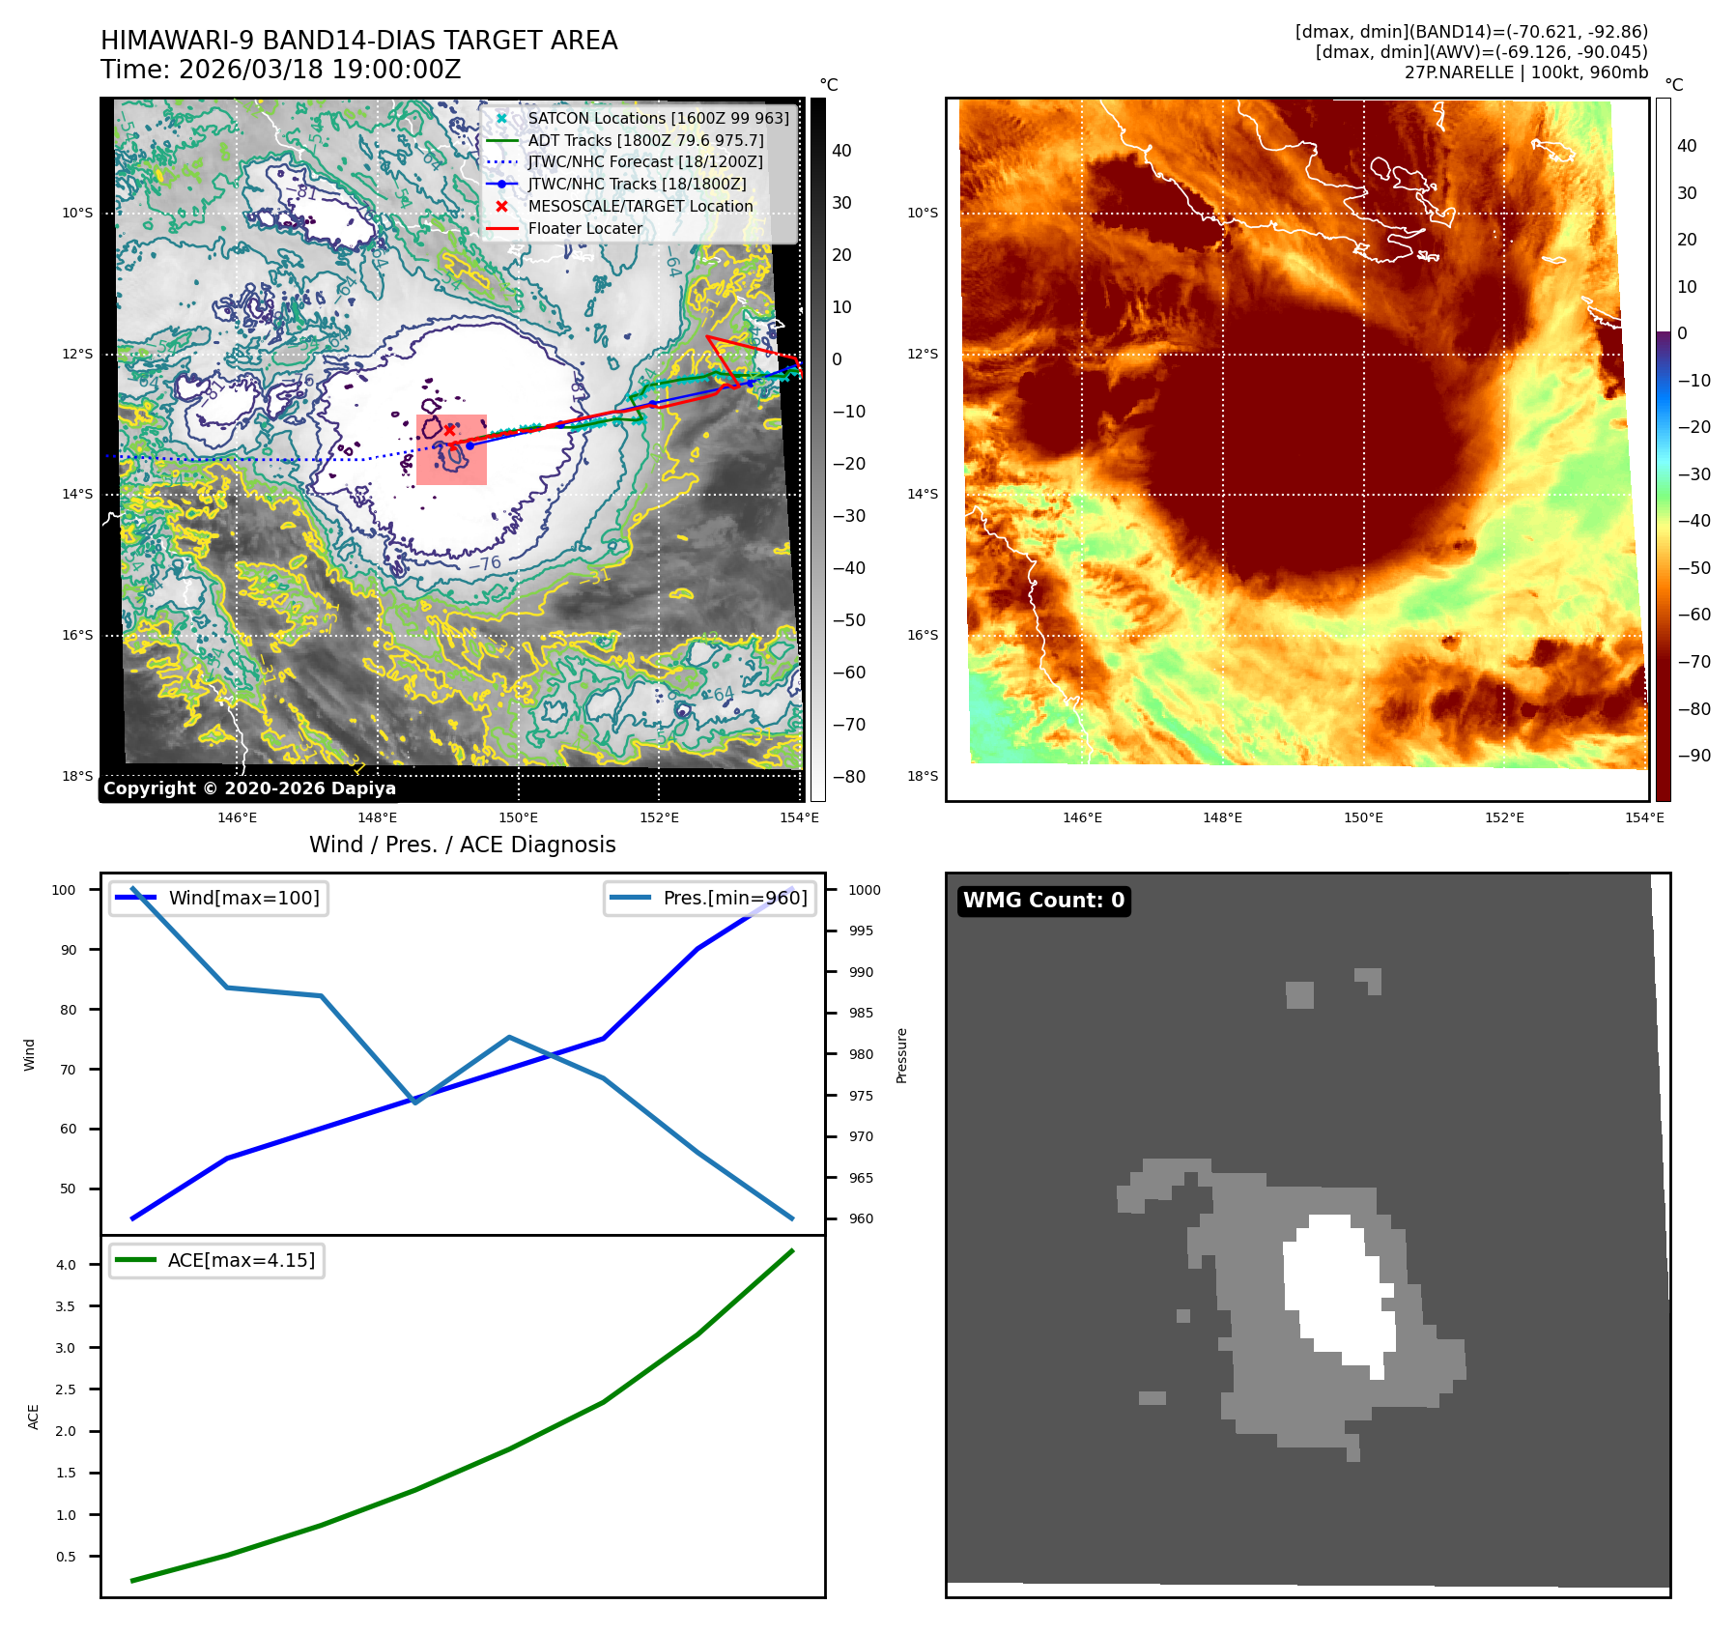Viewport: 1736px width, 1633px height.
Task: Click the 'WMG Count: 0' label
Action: click(1043, 901)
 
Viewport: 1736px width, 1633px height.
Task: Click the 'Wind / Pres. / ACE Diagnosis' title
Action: click(462, 845)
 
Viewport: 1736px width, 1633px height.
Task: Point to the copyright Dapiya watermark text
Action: click(249, 788)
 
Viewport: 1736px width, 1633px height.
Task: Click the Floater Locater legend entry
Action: click(584, 228)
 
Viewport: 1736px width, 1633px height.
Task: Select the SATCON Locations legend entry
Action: click(658, 118)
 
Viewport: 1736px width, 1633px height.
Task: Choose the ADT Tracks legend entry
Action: click(645, 140)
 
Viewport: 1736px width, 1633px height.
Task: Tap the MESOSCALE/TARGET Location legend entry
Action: click(640, 206)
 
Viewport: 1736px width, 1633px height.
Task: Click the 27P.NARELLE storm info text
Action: click(1525, 72)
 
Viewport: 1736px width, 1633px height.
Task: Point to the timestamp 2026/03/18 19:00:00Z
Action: click(319, 71)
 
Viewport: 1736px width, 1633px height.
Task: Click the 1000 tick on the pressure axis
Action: click(865, 890)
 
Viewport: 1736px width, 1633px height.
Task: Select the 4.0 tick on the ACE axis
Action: click(66, 1265)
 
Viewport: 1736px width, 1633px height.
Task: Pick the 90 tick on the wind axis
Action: click(69, 950)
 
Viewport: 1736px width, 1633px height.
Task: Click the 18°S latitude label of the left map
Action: click(77, 776)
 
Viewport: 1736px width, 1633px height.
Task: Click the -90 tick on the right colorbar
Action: click(1693, 756)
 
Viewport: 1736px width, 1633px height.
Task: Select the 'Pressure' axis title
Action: click(901, 1055)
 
